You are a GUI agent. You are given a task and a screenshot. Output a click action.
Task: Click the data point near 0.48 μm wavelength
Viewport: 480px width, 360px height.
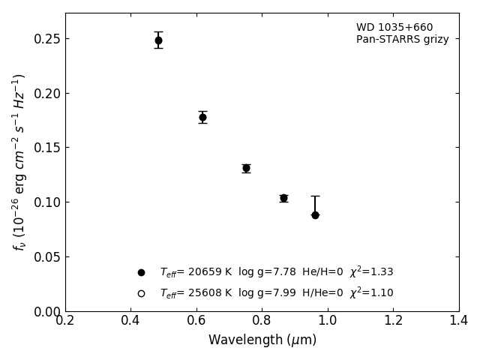[158, 40]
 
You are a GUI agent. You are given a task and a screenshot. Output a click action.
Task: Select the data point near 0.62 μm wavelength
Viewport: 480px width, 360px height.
[202, 117]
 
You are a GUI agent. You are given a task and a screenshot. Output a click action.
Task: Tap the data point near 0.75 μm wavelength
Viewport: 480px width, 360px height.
[246, 168]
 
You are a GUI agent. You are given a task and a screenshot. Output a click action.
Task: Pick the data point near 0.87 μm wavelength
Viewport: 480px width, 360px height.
[283, 198]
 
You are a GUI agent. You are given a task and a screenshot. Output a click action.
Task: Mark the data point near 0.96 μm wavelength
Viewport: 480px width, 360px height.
[315, 215]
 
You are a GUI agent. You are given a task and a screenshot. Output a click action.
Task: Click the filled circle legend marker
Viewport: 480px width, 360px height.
[141, 272]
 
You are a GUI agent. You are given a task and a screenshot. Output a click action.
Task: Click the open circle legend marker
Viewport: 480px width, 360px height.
[141, 293]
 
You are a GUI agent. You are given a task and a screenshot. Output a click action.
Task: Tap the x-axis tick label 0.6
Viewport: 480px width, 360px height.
[196, 321]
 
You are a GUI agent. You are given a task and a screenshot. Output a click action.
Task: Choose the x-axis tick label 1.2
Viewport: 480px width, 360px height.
[393, 321]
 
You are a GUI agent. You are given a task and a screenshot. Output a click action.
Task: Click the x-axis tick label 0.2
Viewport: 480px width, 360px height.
[65, 321]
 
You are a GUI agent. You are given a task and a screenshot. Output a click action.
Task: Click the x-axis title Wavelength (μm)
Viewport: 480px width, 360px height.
[262, 340]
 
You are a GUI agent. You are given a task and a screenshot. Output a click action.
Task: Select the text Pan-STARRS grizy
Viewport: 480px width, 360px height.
[402, 40]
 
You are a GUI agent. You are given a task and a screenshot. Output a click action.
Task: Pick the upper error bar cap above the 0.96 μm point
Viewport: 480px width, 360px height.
[315, 196]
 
